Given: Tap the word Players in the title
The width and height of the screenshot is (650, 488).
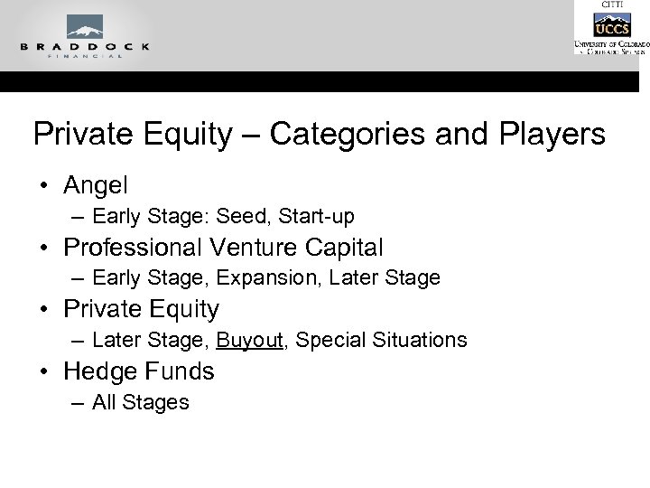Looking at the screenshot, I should (552, 135).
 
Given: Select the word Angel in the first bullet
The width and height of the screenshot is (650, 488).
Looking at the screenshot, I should (96, 185).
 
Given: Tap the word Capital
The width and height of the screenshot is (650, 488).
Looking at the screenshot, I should (348, 247).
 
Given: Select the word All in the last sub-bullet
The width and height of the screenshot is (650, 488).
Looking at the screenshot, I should (106, 402).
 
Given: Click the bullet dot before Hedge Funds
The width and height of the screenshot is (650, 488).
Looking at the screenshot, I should (43, 371).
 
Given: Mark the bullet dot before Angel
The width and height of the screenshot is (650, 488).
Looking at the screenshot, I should (43, 186).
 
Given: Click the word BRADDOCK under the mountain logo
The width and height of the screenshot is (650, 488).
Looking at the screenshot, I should (84, 45).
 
